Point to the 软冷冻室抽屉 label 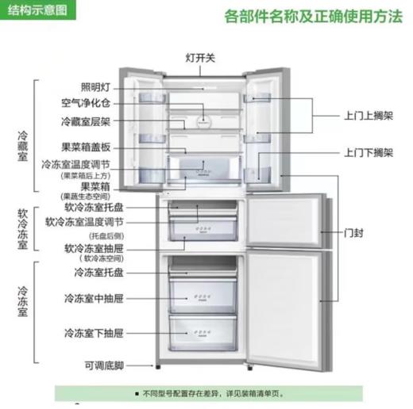85,248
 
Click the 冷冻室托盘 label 94,273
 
